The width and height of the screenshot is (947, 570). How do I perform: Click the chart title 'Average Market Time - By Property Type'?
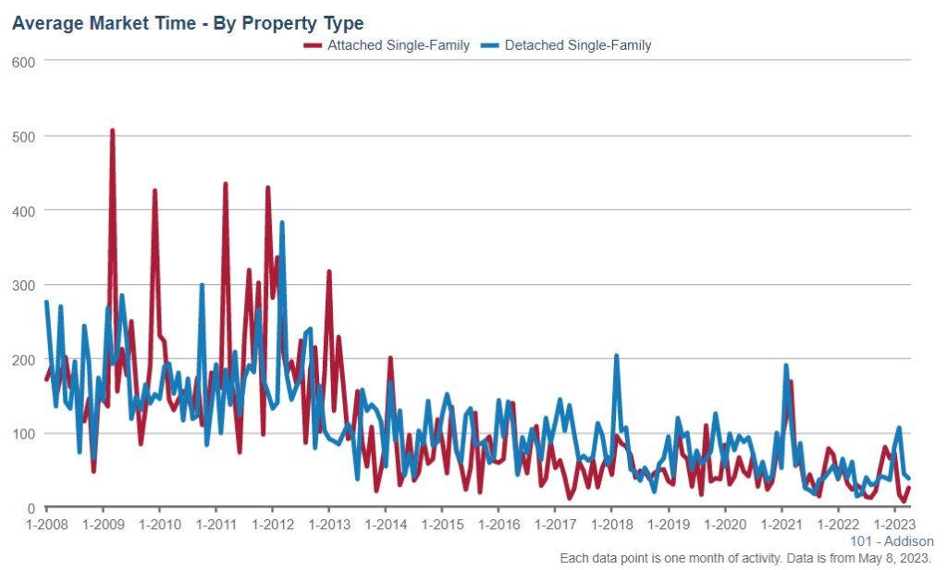(188, 22)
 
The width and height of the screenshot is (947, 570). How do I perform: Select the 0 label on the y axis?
(31, 508)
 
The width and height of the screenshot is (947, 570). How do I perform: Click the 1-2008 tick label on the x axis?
(46, 525)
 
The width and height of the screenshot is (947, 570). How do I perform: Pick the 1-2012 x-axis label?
(272, 525)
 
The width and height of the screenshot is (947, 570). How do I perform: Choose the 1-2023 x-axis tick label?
(892, 525)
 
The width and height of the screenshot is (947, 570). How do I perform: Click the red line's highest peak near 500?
(112, 130)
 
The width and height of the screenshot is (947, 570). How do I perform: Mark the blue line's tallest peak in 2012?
(281, 223)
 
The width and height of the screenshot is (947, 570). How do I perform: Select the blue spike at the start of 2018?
(616, 356)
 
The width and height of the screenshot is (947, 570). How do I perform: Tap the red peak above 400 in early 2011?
(226, 184)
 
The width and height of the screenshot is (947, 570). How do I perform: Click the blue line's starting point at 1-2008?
(46, 303)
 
